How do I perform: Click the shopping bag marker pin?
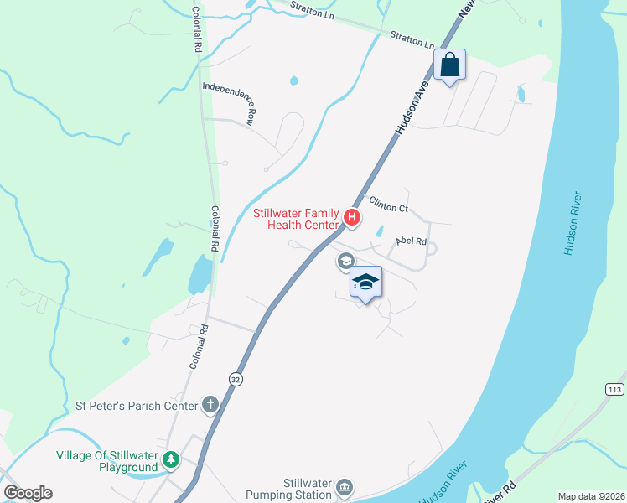click(x=450, y=65)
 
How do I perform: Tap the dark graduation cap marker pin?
click(x=365, y=282)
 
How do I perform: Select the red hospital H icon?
click(x=353, y=220)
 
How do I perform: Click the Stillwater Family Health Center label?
click(x=297, y=219)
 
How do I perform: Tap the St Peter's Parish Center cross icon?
click(x=210, y=407)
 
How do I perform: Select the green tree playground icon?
click(x=171, y=459)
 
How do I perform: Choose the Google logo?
click(x=28, y=493)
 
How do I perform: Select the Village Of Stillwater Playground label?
click(x=106, y=461)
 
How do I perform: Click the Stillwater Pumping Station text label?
click(x=294, y=488)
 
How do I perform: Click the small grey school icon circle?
click(x=345, y=262)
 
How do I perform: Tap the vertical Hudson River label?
click(x=571, y=224)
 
